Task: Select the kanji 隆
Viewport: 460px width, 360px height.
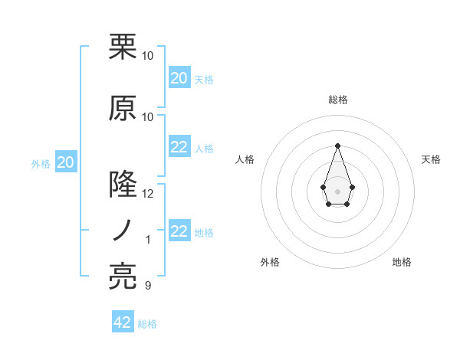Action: [x=123, y=185]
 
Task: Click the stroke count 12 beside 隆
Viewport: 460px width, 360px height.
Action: [x=148, y=194]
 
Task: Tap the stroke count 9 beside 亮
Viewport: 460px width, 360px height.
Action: [x=148, y=286]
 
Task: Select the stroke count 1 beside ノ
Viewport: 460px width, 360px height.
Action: [x=148, y=240]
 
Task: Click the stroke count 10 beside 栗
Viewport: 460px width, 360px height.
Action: [x=148, y=56]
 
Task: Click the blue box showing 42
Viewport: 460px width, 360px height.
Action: [x=123, y=322]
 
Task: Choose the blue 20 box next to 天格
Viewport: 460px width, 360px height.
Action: [x=179, y=78]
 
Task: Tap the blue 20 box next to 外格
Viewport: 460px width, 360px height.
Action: [x=65, y=162]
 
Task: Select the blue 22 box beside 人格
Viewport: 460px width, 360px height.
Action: [x=179, y=147]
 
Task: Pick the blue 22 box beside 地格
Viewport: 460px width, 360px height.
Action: [x=179, y=231]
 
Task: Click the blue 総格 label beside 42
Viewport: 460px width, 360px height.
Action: [x=147, y=324]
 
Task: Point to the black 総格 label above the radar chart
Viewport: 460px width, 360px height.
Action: [x=337, y=100]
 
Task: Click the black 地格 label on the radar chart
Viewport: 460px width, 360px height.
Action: [x=402, y=262]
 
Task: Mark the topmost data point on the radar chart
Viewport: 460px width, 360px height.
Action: [x=337, y=145]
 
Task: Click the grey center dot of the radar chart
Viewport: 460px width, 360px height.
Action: [x=337, y=190]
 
